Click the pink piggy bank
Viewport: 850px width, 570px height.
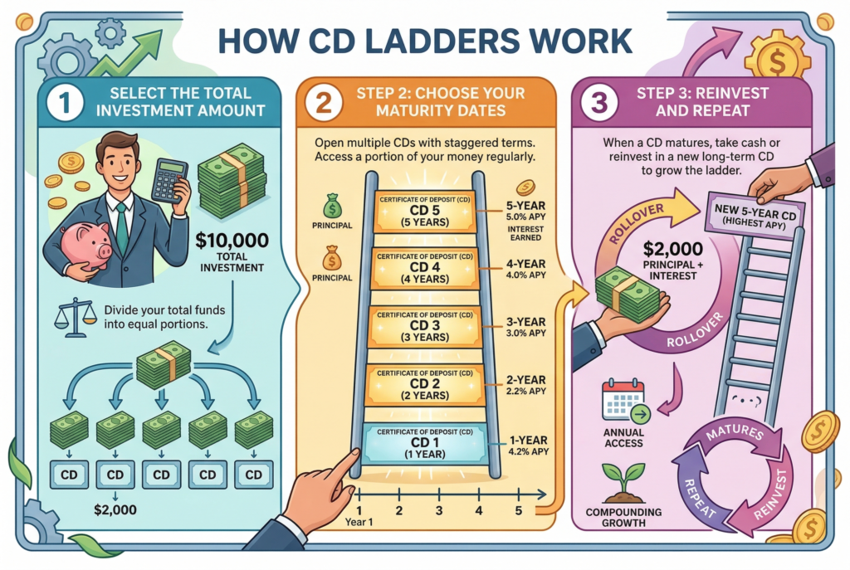click(x=86, y=246)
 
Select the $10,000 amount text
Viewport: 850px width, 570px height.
click(x=232, y=241)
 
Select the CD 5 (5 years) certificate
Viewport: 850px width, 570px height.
click(x=424, y=213)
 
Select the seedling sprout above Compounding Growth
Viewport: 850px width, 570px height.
click(x=623, y=480)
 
